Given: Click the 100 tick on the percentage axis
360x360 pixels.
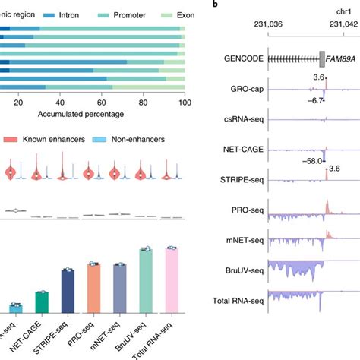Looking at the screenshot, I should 182,104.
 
